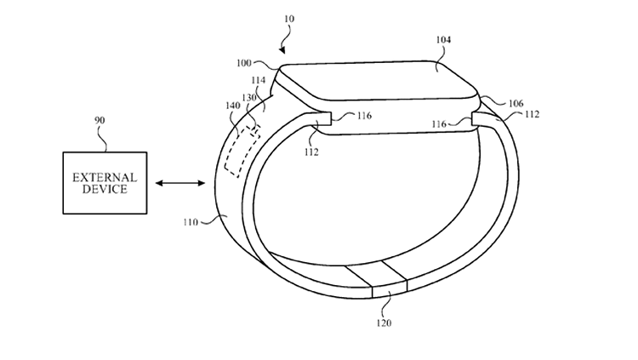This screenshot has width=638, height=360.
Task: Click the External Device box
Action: point(105,183)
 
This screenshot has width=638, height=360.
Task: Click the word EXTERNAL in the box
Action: point(105,178)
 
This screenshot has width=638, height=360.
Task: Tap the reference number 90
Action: point(100,121)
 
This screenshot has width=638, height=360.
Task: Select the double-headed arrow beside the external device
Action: point(180,183)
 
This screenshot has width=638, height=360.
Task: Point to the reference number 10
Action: point(289,19)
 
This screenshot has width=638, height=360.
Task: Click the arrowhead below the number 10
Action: point(282,50)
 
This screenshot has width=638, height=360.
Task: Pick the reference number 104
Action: point(443,39)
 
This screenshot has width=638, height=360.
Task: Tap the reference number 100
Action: point(244,63)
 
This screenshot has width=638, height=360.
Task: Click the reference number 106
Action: point(516,104)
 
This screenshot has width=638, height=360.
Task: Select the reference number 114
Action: point(259,80)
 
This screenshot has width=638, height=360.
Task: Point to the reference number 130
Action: point(249,98)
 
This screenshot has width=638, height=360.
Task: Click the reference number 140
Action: point(233,106)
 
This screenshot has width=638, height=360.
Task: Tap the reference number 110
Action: point(191,222)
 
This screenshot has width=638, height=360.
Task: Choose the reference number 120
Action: point(384,323)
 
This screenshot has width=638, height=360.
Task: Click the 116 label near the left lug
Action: point(364,116)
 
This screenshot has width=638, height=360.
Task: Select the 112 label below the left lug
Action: point(311,152)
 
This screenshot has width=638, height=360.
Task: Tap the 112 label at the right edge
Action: point(532,114)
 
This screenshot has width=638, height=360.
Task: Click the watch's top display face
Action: point(379,80)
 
